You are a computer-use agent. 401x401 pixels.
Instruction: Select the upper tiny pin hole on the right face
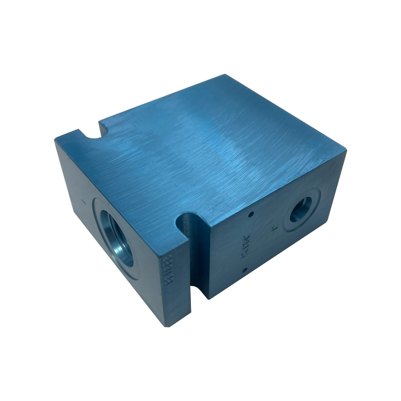coord(249,215)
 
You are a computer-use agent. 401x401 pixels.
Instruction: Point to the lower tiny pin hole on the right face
coord(244,271)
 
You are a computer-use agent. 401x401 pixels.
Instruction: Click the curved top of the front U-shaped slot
coord(188,217)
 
